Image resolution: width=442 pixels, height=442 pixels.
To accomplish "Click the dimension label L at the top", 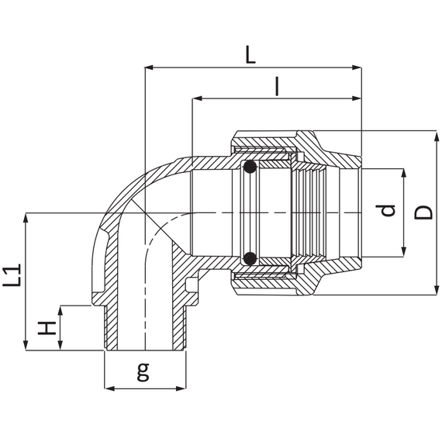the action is (x=250, y=55).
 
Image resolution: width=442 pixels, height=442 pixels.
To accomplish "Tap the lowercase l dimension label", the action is (x=278, y=87).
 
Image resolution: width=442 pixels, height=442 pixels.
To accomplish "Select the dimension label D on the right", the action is (x=423, y=212).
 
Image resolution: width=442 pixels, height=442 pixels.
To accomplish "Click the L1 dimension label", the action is (x=12, y=275).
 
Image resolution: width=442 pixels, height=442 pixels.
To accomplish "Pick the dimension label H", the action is (x=47, y=327).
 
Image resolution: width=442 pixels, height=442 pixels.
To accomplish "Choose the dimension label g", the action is (x=143, y=371).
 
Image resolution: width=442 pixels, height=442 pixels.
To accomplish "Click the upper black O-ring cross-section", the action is (x=250, y=167).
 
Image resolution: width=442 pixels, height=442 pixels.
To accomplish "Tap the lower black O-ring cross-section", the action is (x=250, y=258).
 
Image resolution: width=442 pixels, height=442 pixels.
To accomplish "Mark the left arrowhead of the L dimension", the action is (x=149, y=67).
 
